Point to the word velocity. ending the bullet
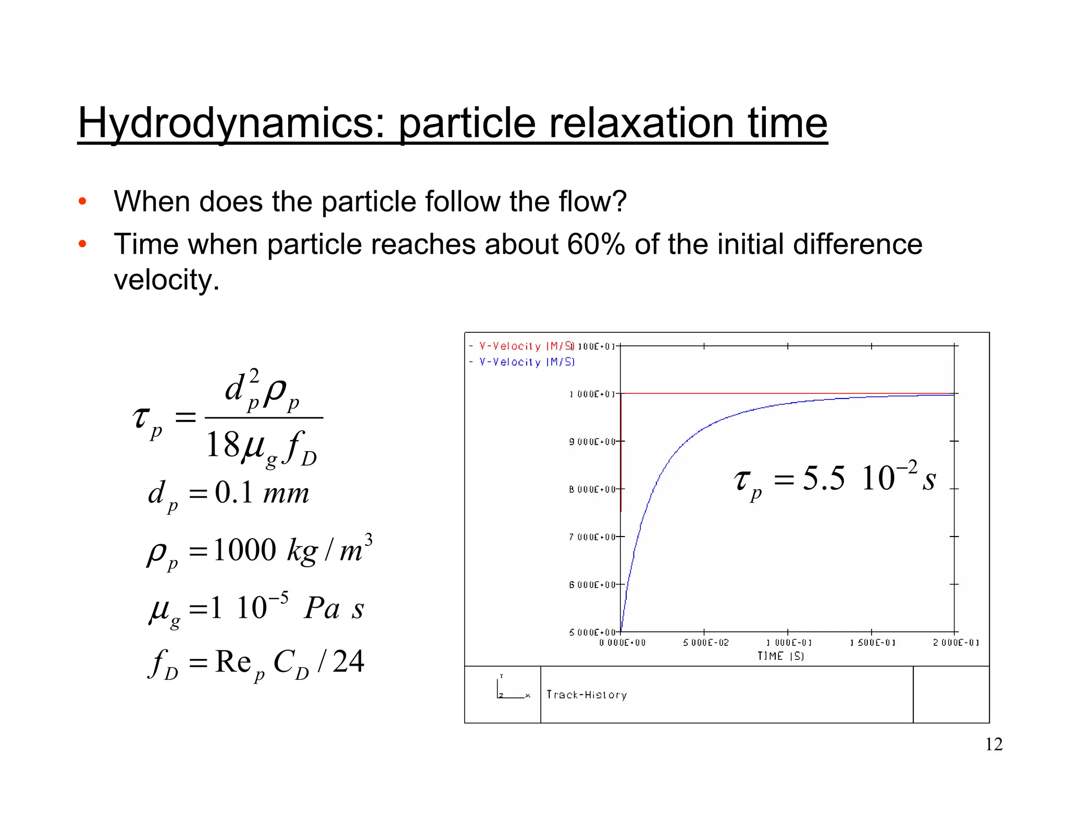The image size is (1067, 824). pyautogui.click(x=166, y=280)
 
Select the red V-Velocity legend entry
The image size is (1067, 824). pyautogui.click(x=522, y=346)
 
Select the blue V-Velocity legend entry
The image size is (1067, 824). pyautogui.click(x=522, y=362)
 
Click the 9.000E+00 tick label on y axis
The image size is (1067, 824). pyautogui.click(x=592, y=442)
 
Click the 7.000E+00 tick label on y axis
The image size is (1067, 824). pyautogui.click(x=592, y=537)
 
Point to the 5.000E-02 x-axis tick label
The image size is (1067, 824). pyautogui.click(x=706, y=643)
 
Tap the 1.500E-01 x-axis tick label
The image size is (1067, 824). pyautogui.click(x=873, y=643)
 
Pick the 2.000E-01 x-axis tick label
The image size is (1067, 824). pyautogui.click(x=956, y=643)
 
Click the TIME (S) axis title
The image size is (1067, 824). pyautogui.click(x=780, y=656)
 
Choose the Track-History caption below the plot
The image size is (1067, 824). pyautogui.click(x=587, y=695)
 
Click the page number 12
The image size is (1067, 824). pyautogui.click(x=994, y=744)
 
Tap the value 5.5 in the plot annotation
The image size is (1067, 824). pyautogui.click(x=824, y=478)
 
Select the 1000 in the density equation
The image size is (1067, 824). pyautogui.click(x=244, y=550)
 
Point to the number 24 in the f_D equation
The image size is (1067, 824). pyautogui.click(x=348, y=662)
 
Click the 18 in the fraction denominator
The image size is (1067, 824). pyautogui.click(x=222, y=445)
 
